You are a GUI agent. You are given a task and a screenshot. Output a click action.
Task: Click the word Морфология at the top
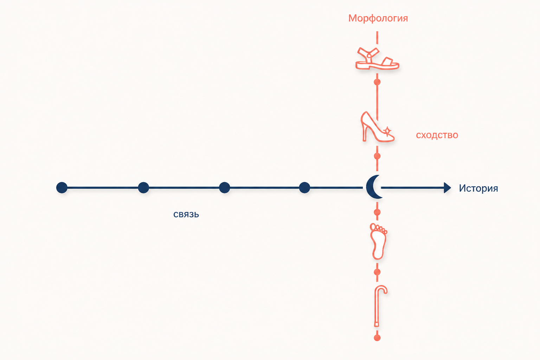pos(378,18)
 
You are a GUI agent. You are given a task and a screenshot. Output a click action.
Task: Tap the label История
pos(478,188)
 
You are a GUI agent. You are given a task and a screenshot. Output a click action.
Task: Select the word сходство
pos(437,135)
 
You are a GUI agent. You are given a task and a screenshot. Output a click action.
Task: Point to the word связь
pos(186,214)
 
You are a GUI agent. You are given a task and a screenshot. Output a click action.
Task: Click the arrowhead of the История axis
pos(448,188)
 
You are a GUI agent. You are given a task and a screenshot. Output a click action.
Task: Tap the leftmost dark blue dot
pos(62,188)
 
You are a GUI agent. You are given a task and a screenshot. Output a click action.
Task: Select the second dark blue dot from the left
pos(143,188)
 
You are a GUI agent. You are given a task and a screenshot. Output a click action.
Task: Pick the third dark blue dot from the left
pos(225,188)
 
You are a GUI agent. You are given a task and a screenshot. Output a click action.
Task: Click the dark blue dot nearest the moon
pos(304,188)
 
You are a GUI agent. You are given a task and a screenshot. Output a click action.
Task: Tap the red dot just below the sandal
pos(377,82)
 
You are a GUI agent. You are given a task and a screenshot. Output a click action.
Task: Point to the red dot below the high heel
pos(377,156)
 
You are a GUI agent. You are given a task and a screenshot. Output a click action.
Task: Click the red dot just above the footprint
pos(377,212)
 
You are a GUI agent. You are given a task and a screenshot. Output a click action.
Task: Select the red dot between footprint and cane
pos(377,272)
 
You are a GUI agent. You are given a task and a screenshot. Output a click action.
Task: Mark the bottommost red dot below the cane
pos(377,338)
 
